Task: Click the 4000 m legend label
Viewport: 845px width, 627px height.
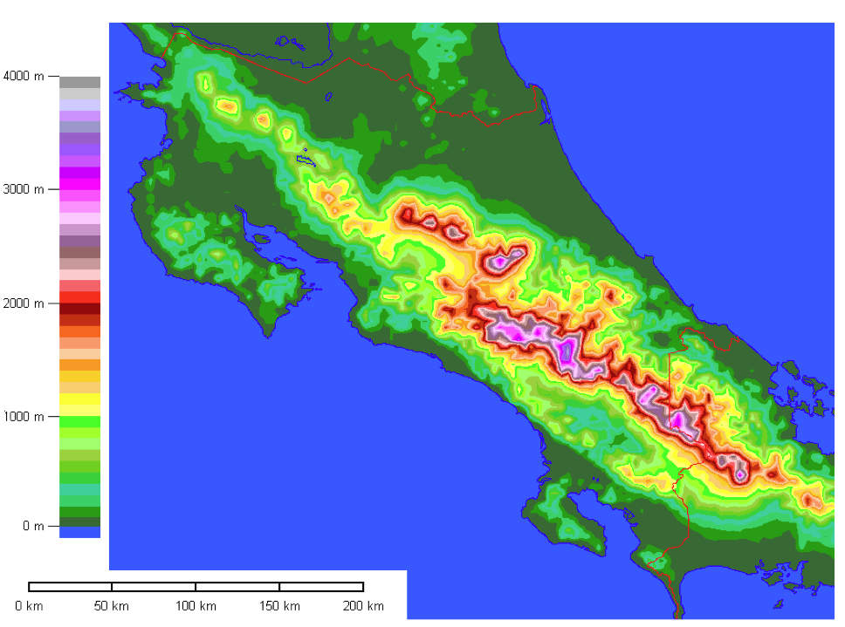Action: point(24,76)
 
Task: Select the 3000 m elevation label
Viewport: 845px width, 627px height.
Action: point(24,189)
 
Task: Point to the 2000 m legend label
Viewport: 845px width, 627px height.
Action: point(24,303)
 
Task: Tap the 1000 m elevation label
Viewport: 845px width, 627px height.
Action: point(24,417)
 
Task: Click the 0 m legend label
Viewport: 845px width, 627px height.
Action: point(32,526)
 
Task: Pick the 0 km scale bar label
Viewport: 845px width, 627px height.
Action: point(29,606)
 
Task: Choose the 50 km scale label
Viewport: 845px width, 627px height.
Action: point(111,606)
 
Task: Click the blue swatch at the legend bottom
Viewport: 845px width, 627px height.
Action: point(79,532)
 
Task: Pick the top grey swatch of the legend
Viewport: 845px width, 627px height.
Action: point(79,82)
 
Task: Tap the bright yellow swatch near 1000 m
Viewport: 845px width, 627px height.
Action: point(79,399)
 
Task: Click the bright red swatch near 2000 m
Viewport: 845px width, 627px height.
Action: point(79,296)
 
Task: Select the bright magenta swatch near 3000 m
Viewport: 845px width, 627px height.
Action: point(79,184)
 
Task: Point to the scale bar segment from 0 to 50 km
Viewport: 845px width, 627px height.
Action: point(70,587)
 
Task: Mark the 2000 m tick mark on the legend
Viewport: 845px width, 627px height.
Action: point(53,303)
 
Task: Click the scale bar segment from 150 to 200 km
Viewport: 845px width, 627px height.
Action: point(321,587)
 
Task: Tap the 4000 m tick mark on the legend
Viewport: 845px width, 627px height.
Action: point(53,76)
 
